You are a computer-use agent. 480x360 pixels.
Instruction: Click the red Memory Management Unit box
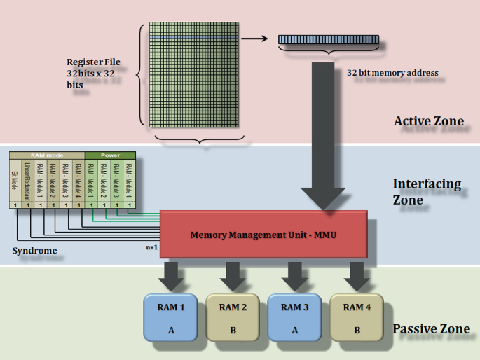[x=263, y=235]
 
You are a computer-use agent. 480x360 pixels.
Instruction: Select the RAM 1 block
[x=171, y=317]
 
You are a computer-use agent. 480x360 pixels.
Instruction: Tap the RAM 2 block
[x=233, y=317]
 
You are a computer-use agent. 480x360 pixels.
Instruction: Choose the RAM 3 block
[x=295, y=317]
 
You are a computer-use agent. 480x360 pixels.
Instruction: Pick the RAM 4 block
[x=357, y=317]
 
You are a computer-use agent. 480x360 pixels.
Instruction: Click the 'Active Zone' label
[x=428, y=121]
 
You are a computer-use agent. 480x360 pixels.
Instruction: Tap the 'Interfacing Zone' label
[x=427, y=191]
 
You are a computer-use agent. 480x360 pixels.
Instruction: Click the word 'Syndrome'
[x=34, y=250]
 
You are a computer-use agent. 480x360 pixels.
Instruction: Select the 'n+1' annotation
[x=152, y=247]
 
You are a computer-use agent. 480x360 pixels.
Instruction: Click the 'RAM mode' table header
[x=47, y=155]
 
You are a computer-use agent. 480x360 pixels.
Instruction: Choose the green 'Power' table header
[x=110, y=155]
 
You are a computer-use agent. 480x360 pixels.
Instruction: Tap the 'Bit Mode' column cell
[x=15, y=179]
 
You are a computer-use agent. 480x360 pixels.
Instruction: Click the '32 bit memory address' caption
[x=392, y=72]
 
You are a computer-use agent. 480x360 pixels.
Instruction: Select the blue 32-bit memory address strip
[x=328, y=40]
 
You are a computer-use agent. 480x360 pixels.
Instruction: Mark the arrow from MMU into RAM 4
[x=357, y=275]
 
